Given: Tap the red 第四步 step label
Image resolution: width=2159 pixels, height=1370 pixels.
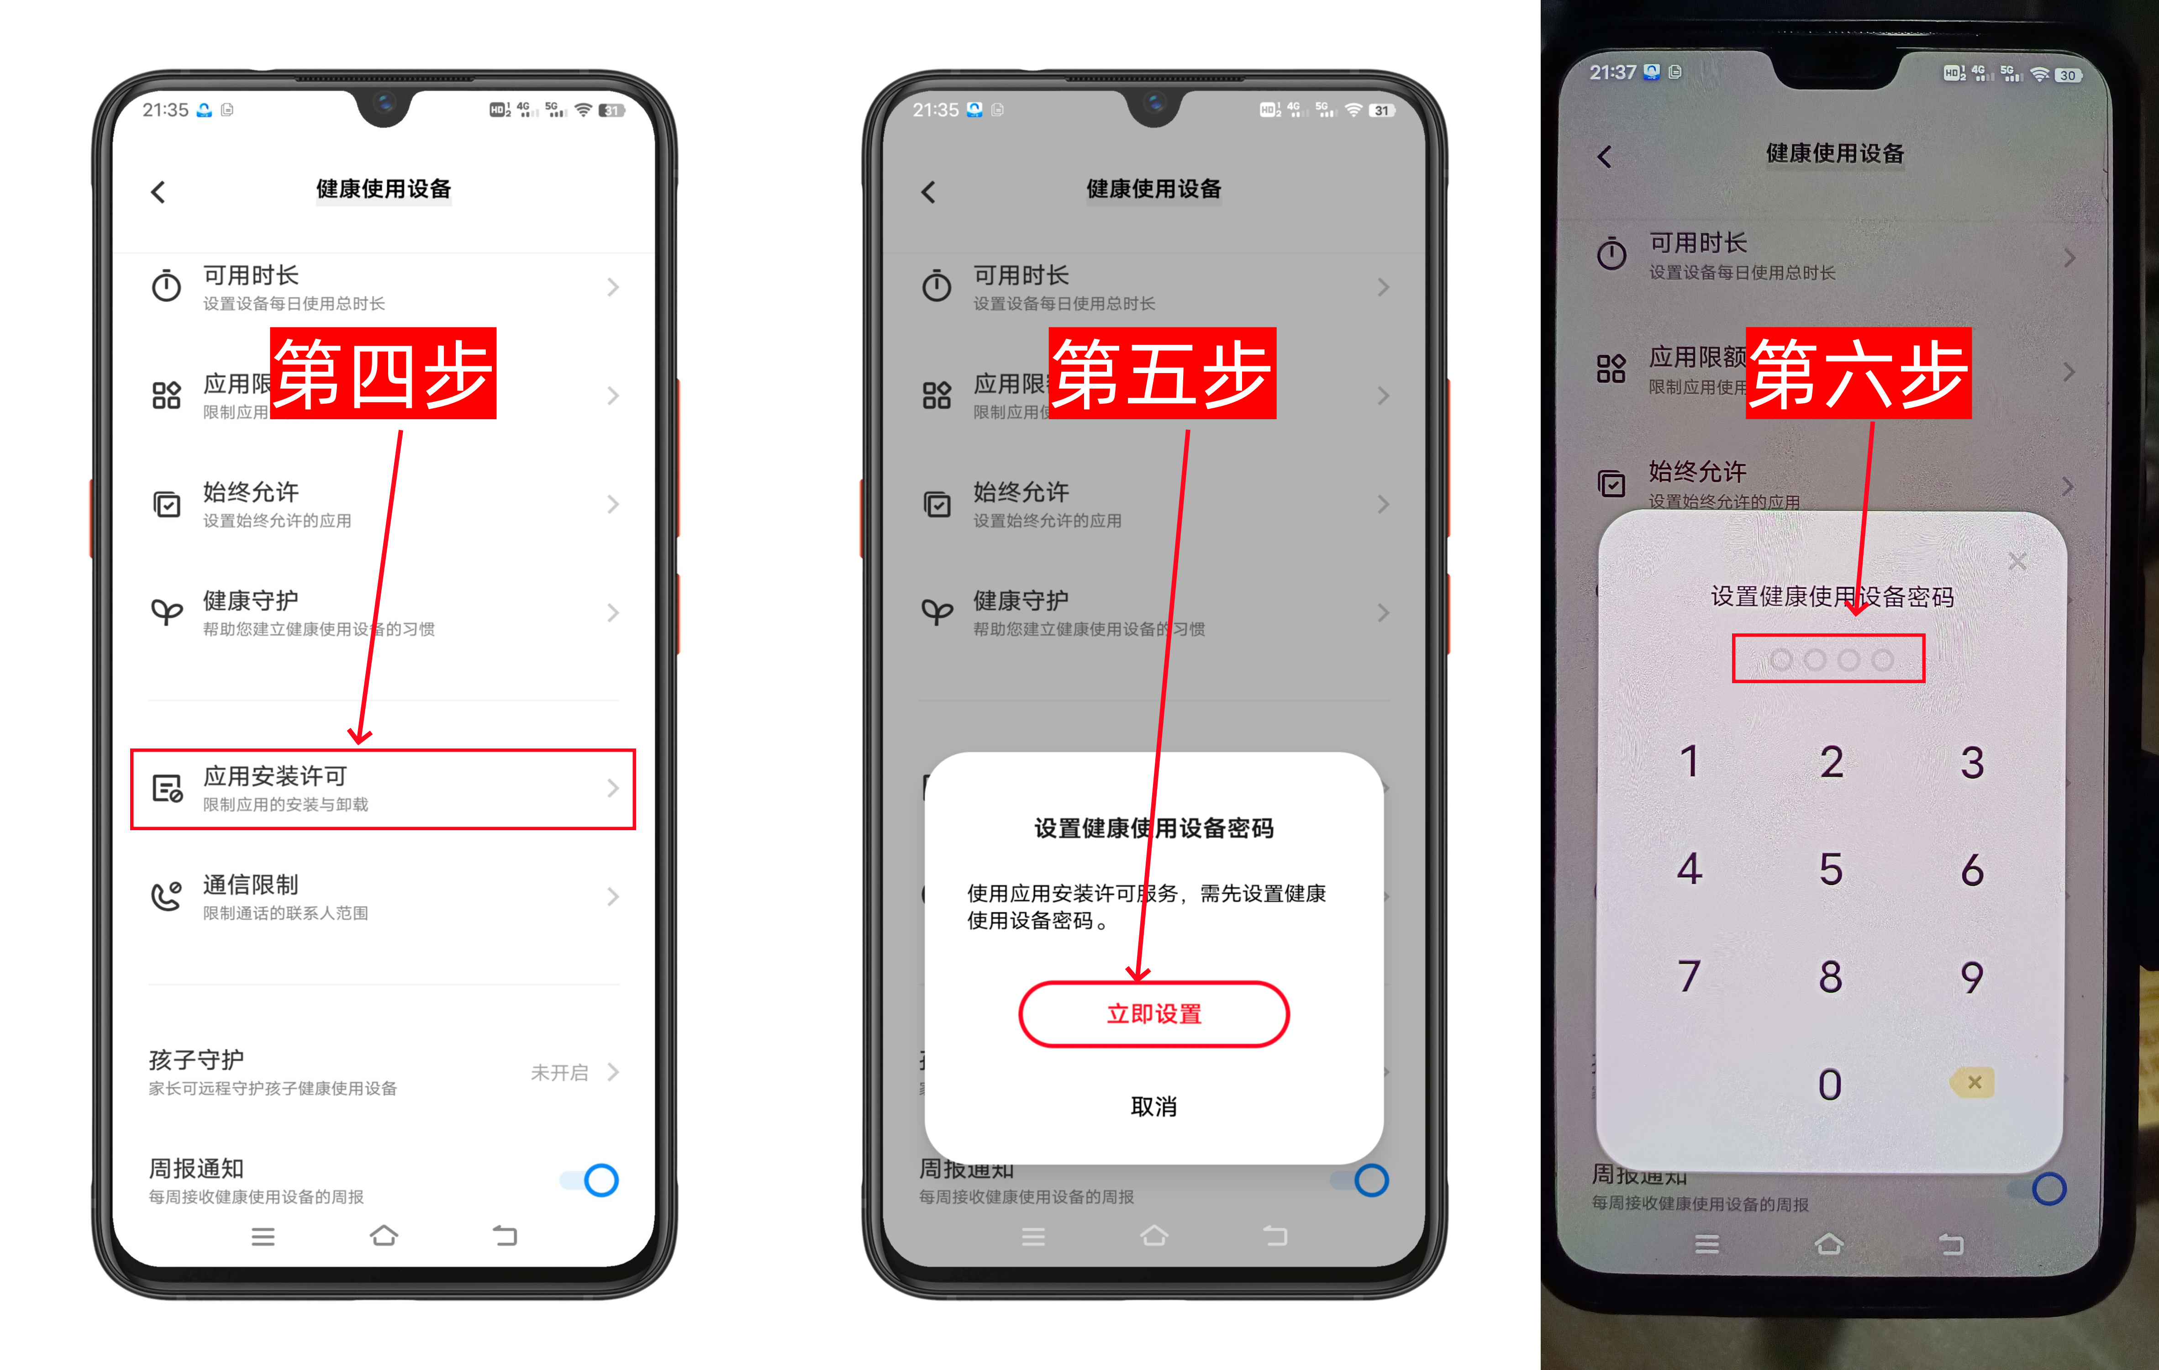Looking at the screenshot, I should point(383,373).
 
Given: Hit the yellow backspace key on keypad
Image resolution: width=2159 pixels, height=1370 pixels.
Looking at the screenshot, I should point(1973,1082).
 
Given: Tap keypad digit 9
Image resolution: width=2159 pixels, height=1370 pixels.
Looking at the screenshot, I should point(1972,976).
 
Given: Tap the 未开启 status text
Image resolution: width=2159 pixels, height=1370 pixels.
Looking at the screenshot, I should point(559,1072).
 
